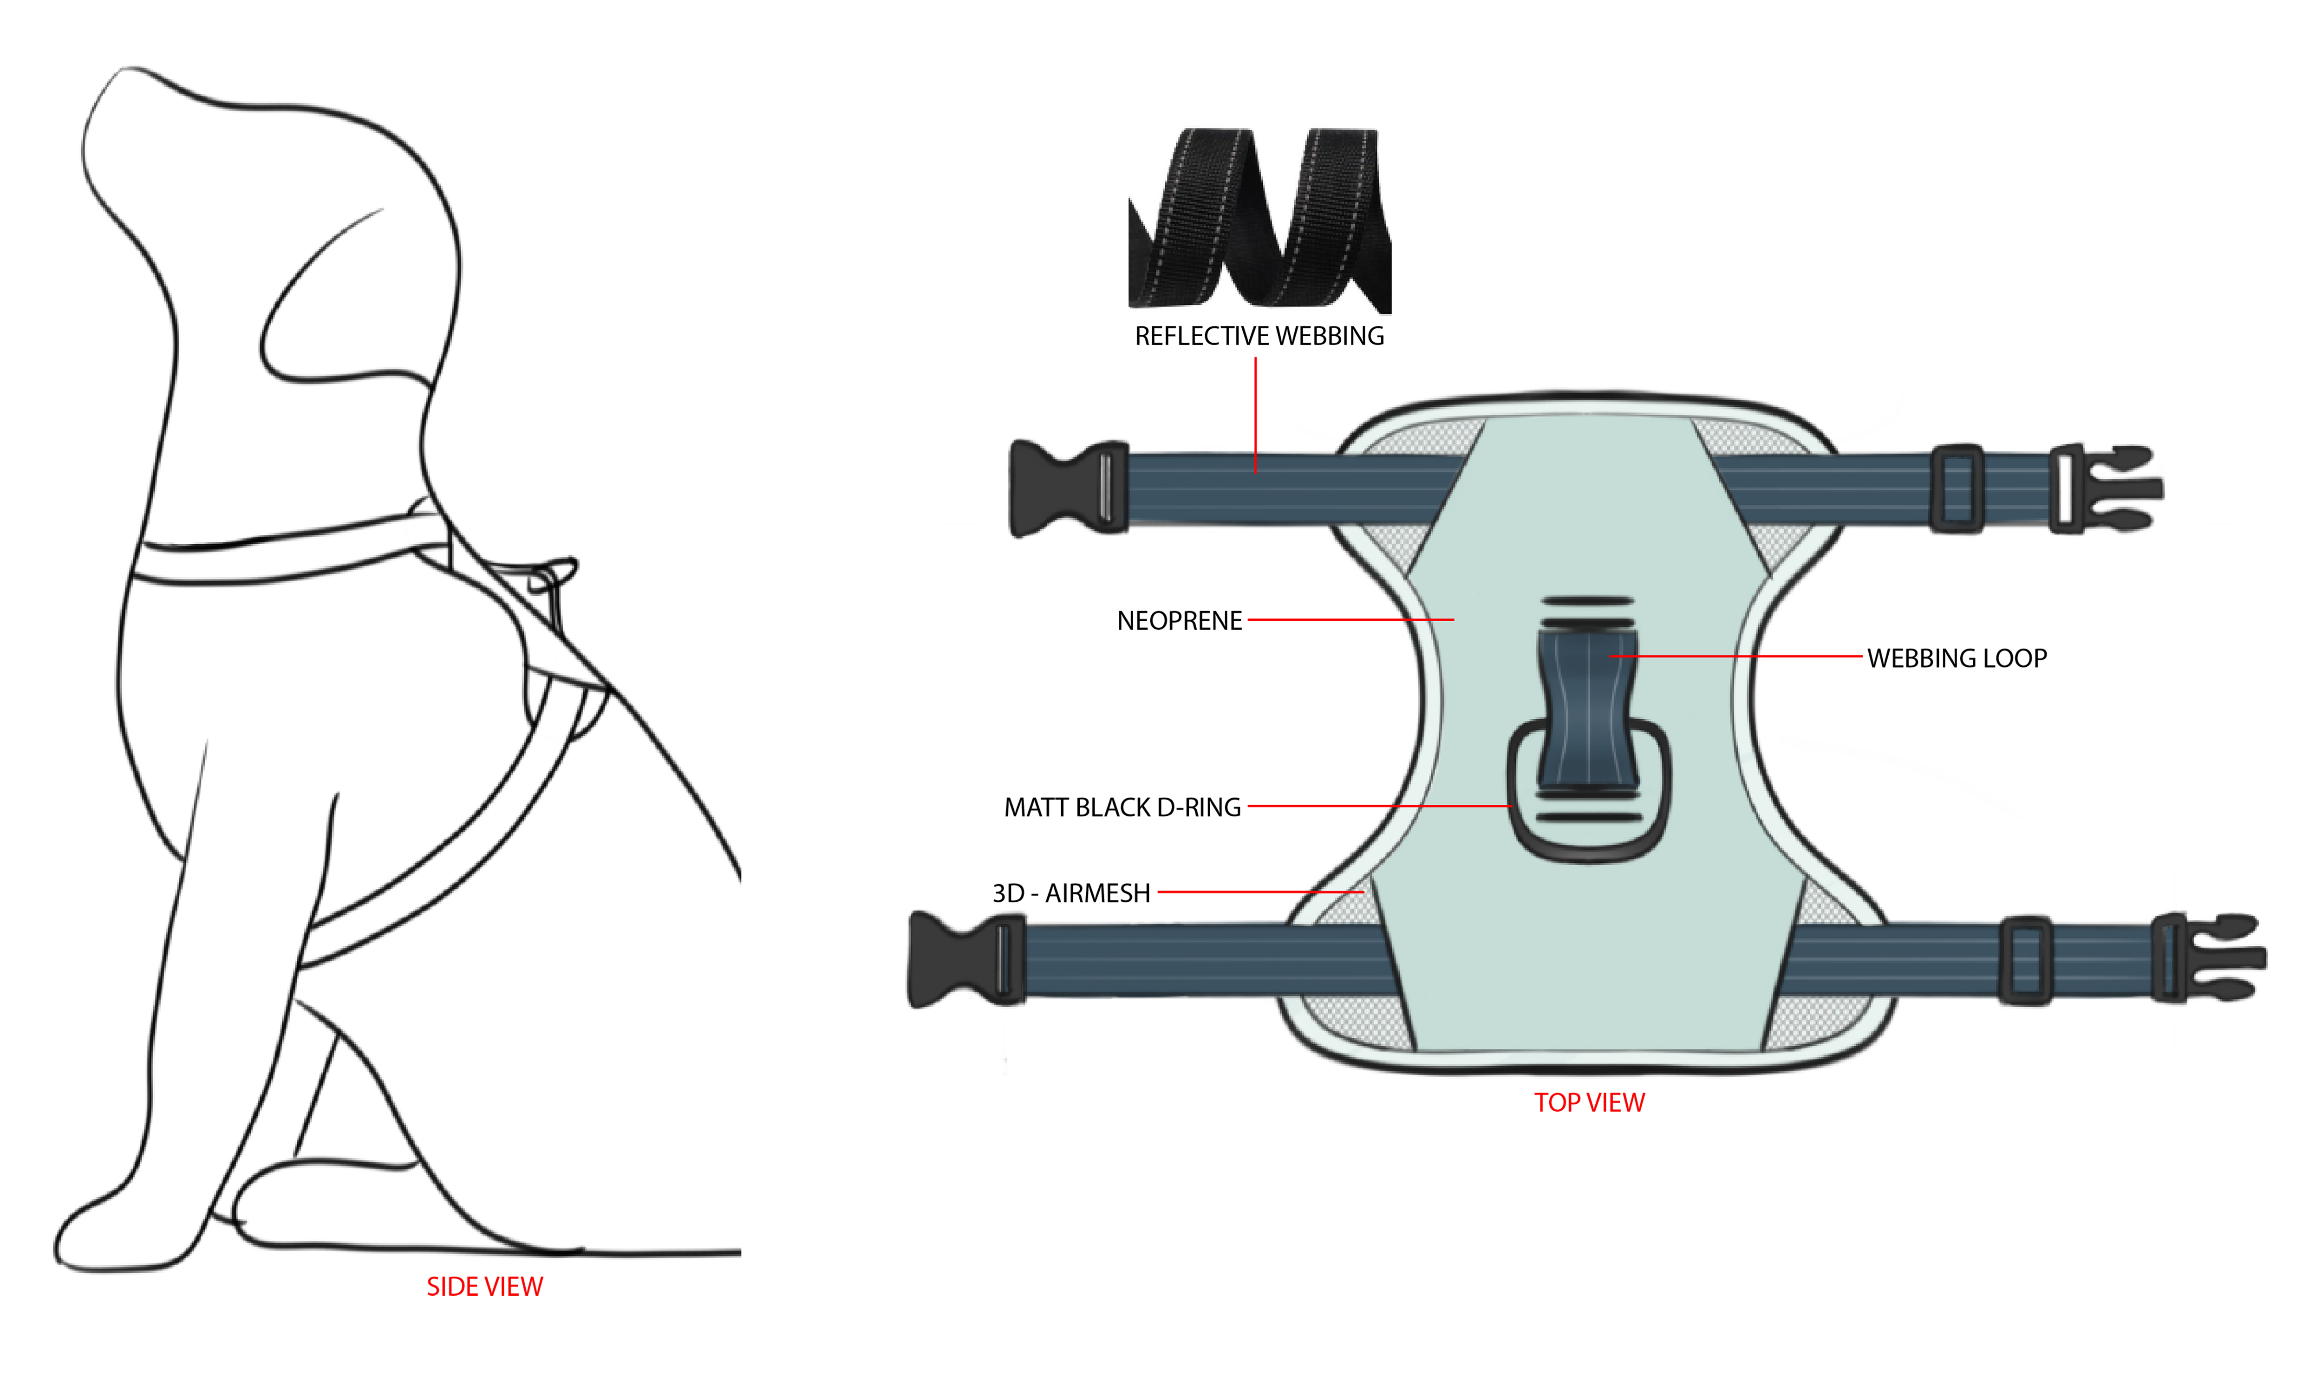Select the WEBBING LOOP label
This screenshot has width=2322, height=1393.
1957,658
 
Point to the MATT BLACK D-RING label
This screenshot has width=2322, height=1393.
1122,807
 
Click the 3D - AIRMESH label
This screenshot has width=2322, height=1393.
1071,893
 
